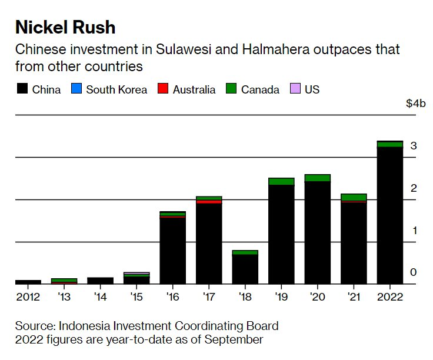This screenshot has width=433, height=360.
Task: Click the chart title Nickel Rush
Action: [x=65, y=27]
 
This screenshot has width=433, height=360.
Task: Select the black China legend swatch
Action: [x=22, y=89]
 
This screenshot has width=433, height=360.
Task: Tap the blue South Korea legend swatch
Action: [x=75, y=89]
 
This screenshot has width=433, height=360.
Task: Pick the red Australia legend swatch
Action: [x=163, y=89]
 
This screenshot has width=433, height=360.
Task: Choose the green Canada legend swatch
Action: [x=231, y=89]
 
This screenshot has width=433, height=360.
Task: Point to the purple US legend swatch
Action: [x=295, y=89]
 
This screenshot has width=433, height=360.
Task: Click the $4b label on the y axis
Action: [x=415, y=104]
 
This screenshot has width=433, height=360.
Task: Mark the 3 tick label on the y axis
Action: [x=414, y=146]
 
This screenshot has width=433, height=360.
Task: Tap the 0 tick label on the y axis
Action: [x=414, y=272]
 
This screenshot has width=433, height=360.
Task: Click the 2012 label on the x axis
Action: [x=28, y=296]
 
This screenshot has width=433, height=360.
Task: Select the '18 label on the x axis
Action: [x=245, y=296]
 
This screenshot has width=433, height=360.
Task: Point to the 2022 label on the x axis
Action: [x=389, y=296]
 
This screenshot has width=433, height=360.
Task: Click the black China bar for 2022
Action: [x=389, y=215]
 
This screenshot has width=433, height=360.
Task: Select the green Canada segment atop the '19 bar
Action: [x=281, y=181]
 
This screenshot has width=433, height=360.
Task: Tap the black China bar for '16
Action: [x=172, y=251]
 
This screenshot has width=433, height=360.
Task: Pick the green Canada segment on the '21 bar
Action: [x=354, y=197]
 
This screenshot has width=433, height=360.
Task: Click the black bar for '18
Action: [x=245, y=269]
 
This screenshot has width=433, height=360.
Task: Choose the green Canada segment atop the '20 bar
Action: [x=317, y=178]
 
